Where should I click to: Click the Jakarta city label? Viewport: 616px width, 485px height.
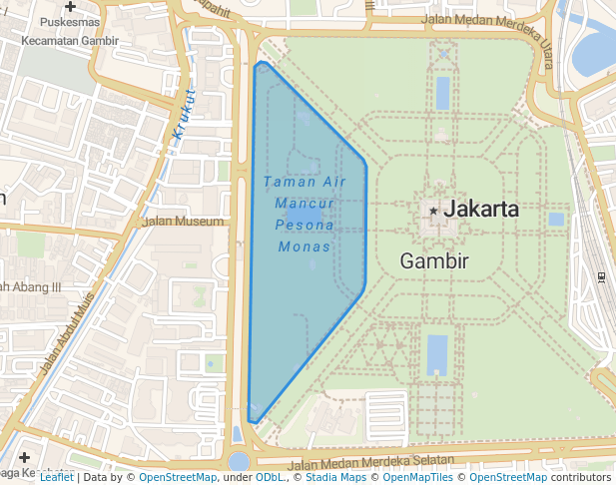click(x=481, y=210)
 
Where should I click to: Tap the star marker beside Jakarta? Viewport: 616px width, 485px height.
click(x=433, y=211)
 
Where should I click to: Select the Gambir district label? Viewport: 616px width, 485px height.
click(x=434, y=261)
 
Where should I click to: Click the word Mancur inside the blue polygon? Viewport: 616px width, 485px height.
click(x=304, y=203)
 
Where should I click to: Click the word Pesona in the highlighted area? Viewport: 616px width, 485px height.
click(x=305, y=225)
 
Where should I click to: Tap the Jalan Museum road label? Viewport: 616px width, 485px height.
click(x=184, y=222)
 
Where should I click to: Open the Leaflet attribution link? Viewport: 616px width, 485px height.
click(x=56, y=477)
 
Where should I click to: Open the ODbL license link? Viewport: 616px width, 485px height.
click(x=270, y=477)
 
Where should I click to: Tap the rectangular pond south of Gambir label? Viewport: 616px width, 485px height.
click(x=437, y=354)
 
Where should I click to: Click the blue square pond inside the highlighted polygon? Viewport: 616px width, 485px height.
click(x=306, y=217)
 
